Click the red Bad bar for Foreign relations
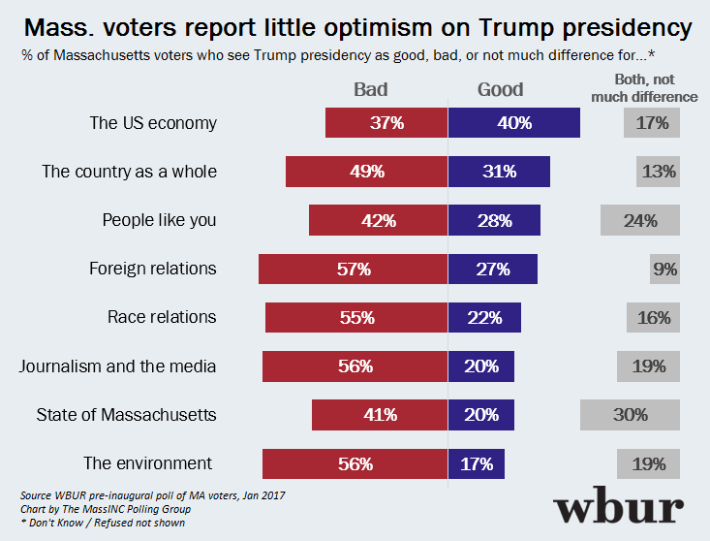pyautogui.click(x=353, y=269)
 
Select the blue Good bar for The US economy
pyautogui.click(x=513, y=123)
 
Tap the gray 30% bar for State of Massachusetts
pyautogui.click(x=630, y=415)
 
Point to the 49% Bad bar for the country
pyautogui.click(x=366, y=172)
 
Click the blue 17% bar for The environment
pyautogui.click(x=477, y=463)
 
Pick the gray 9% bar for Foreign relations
pyautogui.click(x=664, y=269)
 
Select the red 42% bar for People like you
pyautogui.click(x=378, y=220)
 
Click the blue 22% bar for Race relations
pyautogui.click(x=484, y=317)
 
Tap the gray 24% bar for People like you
pyautogui.click(x=640, y=220)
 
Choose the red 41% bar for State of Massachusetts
pyautogui.click(x=380, y=415)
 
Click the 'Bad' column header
pyautogui.click(x=370, y=89)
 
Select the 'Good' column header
pyautogui.click(x=500, y=89)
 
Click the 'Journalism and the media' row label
pyautogui.click(x=118, y=366)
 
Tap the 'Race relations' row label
pyautogui.click(x=162, y=317)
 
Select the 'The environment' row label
pyautogui.click(x=148, y=463)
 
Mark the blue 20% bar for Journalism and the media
pyautogui.click(x=480, y=366)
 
